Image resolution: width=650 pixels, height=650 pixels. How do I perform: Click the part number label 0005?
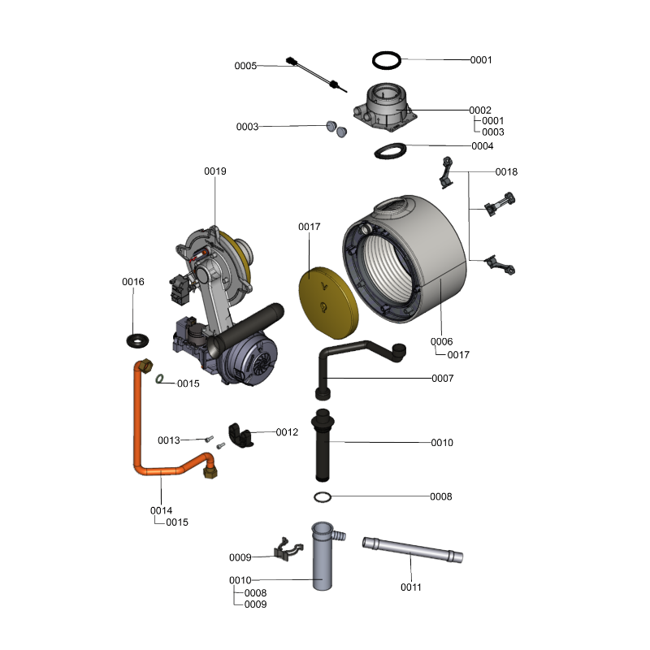(245, 66)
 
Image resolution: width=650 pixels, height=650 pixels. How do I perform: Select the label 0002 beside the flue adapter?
(480, 110)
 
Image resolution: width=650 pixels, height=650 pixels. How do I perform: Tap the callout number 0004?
(482, 146)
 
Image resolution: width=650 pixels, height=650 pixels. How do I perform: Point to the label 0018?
(506, 172)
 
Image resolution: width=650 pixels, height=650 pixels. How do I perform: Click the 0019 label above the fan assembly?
(215, 171)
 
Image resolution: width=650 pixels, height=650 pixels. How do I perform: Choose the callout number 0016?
(133, 282)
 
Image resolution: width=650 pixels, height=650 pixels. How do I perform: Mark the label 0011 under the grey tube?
(411, 587)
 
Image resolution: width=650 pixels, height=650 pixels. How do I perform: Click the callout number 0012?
(288, 431)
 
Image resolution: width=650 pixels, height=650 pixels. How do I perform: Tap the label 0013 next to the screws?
(169, 440)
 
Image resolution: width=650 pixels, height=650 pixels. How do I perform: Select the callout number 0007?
(443, 379)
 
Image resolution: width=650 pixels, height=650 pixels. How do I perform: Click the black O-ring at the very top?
(388, 60)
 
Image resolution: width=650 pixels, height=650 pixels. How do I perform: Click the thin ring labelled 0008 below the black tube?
(323, 497)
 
